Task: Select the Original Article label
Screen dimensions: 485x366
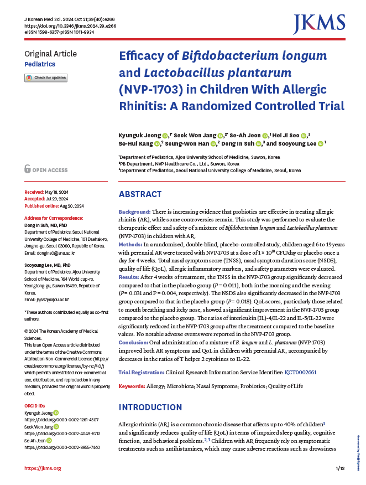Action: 51,54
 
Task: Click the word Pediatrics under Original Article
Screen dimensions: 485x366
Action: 40,64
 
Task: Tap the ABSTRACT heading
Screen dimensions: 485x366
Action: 140,194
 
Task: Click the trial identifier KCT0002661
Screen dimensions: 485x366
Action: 300,373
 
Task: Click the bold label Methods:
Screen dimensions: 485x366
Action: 130,244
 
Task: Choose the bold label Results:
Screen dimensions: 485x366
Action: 129,276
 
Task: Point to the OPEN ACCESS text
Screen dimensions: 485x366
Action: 49,170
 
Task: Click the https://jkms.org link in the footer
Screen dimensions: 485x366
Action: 43,469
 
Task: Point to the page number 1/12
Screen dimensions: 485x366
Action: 340,469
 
